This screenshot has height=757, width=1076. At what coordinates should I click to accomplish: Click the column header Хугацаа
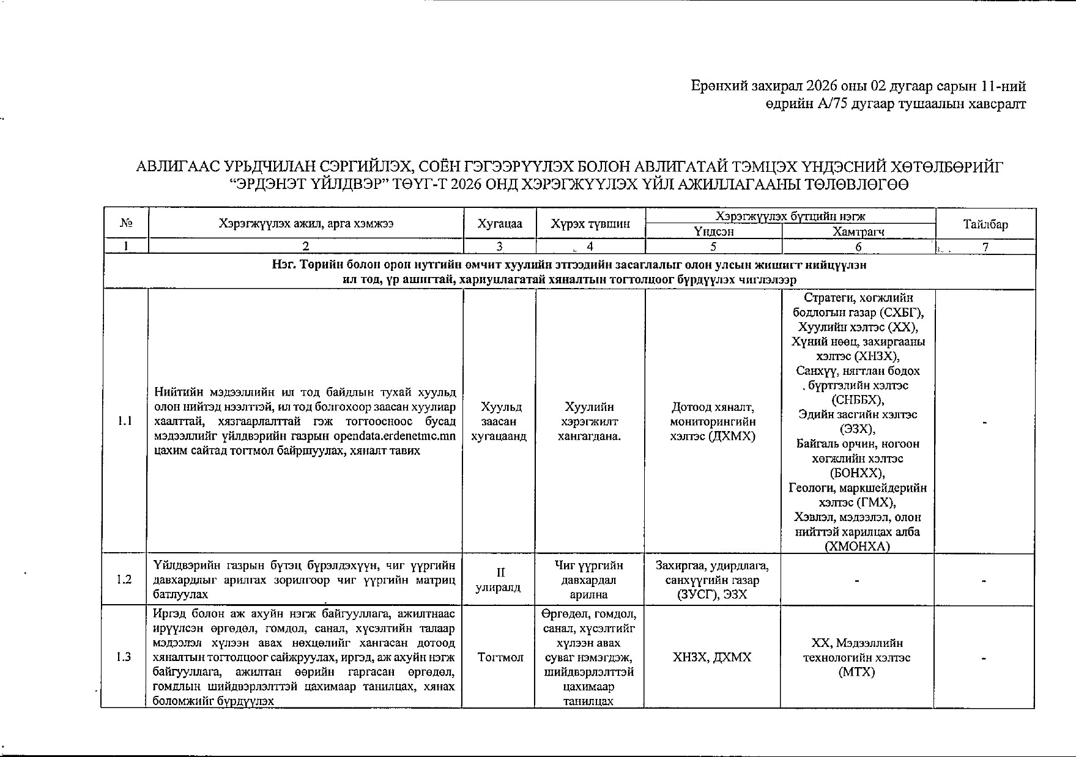[500, 224]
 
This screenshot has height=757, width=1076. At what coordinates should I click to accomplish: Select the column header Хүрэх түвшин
[590, 224]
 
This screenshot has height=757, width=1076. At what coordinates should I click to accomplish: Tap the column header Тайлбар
[985, 224]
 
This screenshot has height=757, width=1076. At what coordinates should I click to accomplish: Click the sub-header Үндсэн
[713, 232]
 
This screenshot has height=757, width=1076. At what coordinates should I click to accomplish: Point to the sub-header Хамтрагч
[858, 232]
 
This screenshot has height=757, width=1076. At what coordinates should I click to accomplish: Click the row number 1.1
[125, 421]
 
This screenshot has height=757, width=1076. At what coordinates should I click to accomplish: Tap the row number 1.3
[125, 657]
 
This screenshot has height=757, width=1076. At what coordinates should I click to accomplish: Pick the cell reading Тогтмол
[500, 657]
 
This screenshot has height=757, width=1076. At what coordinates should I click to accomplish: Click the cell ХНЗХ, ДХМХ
[712, 657]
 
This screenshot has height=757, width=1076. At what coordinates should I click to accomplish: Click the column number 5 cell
[713, 246]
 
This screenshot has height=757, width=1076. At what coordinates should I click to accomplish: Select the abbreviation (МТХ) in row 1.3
[857, 672]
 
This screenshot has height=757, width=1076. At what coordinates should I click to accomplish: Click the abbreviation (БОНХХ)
[857, 473]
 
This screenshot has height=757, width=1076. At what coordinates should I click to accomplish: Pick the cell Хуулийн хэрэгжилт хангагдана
[590, 421]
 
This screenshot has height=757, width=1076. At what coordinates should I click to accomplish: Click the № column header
[127, 224]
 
